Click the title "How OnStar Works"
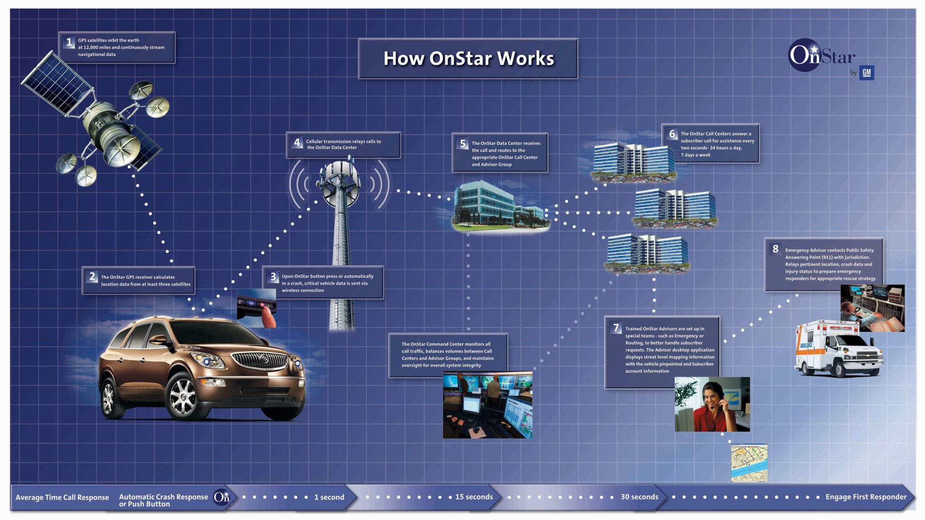pos(469,58)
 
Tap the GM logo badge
pos(866,72)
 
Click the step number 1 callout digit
pos(69,42)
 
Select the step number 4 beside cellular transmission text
pos(297,142)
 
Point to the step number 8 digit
pos(776,248)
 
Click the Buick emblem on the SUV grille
pos(264,359)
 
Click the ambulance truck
pos(838,349)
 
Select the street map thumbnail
pos(749,463)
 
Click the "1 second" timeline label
pos(329,497)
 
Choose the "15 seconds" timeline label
pos(474,497)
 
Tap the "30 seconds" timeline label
pos(639,497)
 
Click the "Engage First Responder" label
pos(866,497)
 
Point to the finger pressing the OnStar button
pos(269,317)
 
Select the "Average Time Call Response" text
pos(62,497)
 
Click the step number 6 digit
pos(672,134)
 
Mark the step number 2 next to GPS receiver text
pos(92,276)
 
